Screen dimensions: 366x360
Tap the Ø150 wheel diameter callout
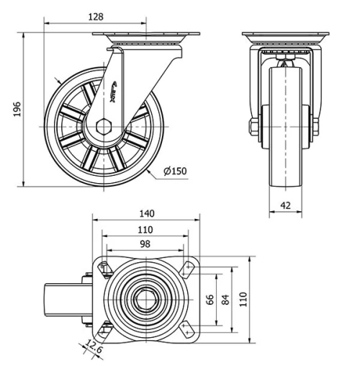point(175,171)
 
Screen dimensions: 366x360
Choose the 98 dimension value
point(145,244)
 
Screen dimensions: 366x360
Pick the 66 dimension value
point(211,300)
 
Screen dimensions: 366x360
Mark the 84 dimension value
point(227,300)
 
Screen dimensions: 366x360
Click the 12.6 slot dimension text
point(91,349)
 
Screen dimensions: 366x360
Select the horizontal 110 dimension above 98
point(145,229)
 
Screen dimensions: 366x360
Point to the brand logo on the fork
point(120,91)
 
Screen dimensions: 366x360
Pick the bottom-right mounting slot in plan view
point(189,331)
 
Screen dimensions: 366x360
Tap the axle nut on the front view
point(254,128)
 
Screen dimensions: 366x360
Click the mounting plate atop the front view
point(284,37)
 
